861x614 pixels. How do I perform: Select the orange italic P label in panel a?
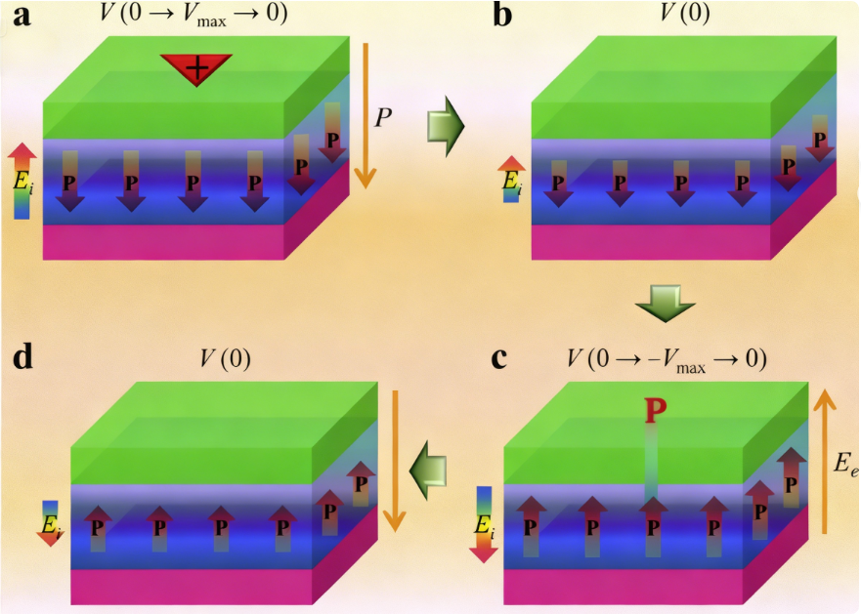(x=384, y=117)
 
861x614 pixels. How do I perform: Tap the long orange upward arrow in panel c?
(x=824, y=459)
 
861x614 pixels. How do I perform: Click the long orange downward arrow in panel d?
(x=395, y=459)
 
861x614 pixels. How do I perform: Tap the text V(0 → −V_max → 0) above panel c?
(x=666, y=358)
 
